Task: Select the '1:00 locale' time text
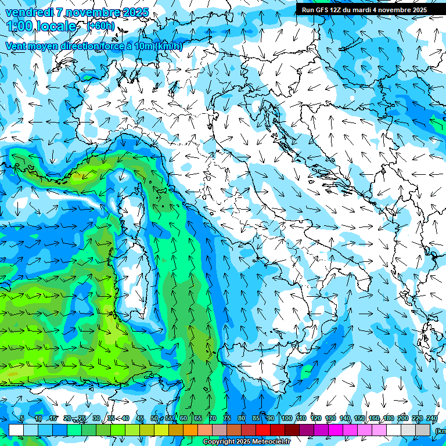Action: [x=42, y=27]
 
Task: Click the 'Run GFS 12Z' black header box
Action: [x=364, y=9]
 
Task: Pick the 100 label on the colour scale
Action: [x=287, y=419]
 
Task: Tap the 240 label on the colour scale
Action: [x=432, y=419]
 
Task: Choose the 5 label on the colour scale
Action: [x=22, y=419]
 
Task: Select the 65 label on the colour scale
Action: [x=198, y=419]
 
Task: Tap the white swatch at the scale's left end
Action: [x=16, y=430]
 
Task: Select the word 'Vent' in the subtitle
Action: [x=17, y=46]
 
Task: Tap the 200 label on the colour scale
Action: [x=403, y=419]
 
